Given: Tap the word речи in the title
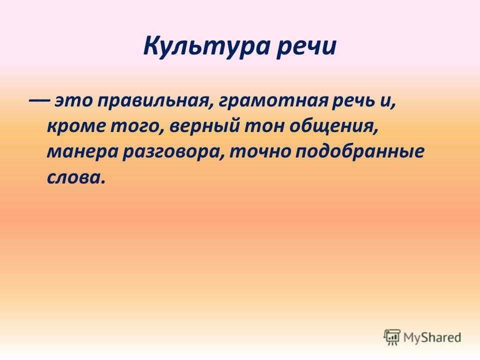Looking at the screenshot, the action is pyautogui.click(x=306, y=48).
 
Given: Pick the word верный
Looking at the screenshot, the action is pyautogui.click(x=204, y=126).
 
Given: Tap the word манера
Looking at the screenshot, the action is pyautogui.click(x=82, y=152).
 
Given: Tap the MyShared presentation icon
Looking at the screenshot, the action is pyautogui.click(x=392, y=337).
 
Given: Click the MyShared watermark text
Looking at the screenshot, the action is pyautogui.click(x=432, y=337).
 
